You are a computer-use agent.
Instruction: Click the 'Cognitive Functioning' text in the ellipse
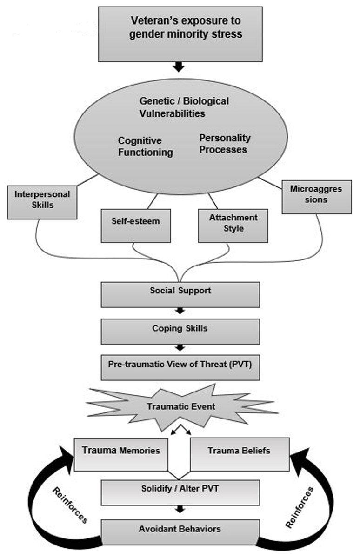145,146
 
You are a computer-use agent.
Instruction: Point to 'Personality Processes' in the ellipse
225,144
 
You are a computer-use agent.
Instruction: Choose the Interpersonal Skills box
42,199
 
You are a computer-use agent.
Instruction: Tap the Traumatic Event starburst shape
181,406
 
